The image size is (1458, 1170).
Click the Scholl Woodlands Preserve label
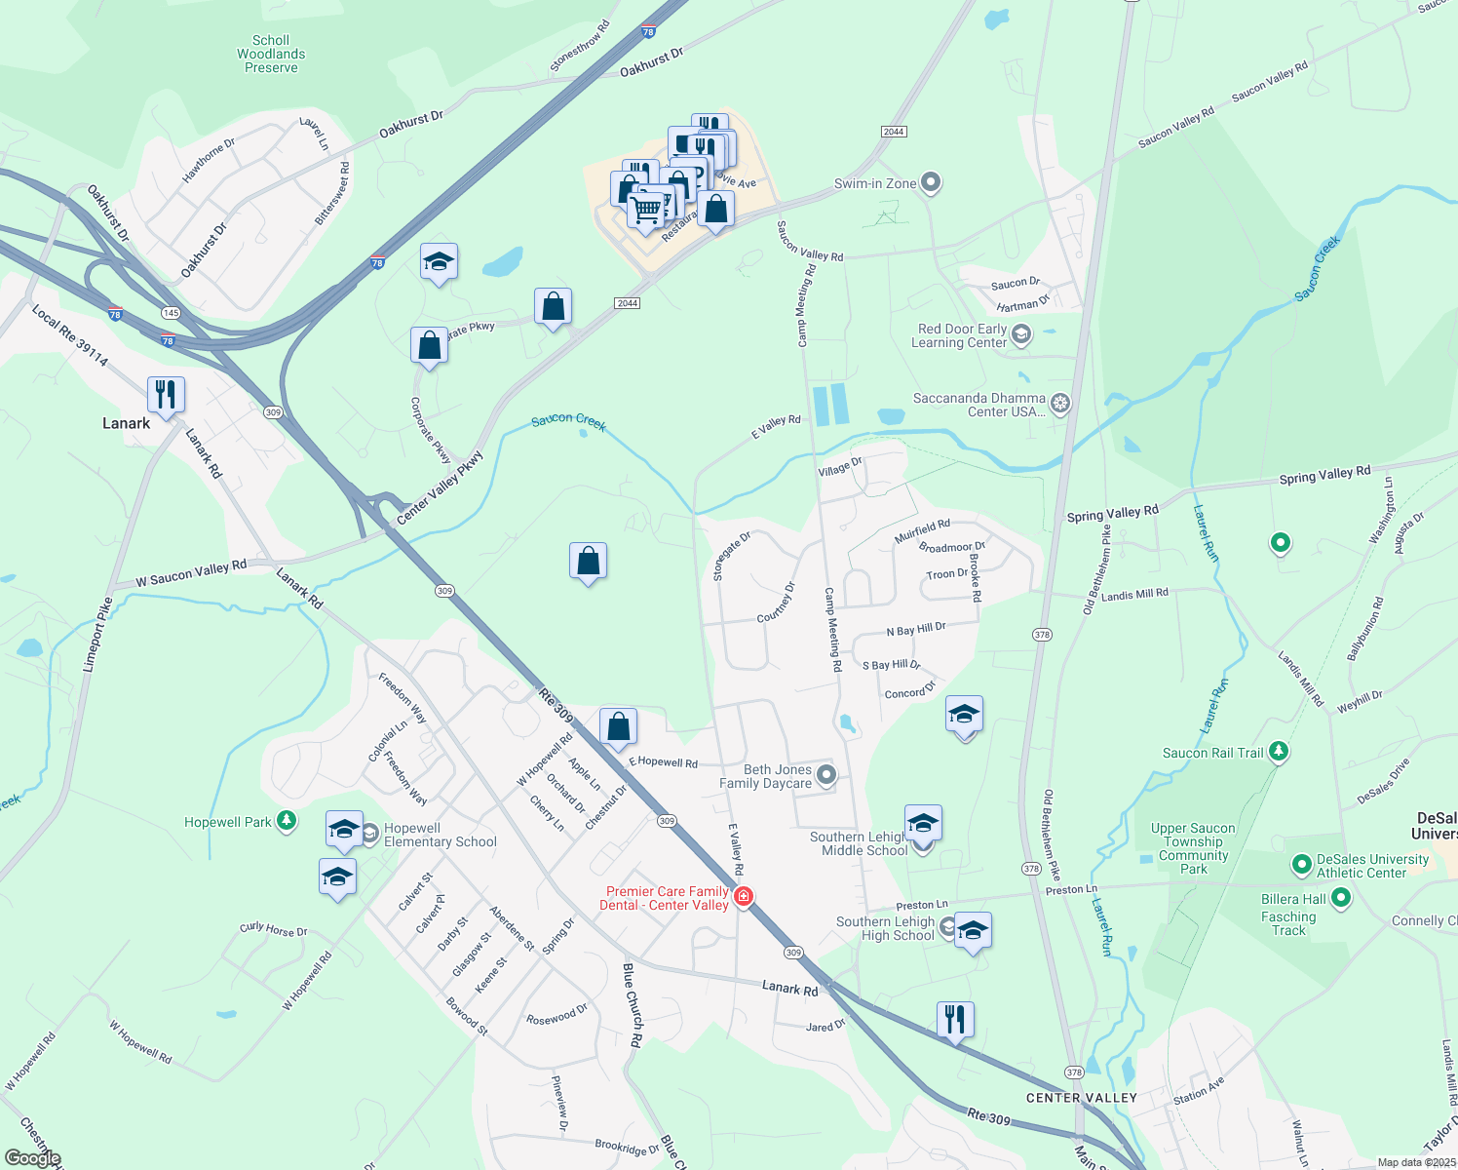click(x=271, y=55)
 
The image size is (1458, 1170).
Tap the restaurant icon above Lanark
click(x=166, y=394)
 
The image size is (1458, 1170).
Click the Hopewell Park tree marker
click(x=286, y=821)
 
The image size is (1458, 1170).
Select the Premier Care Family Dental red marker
click(x=744, y=897)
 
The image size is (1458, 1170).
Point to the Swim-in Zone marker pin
click(x=931, y=182)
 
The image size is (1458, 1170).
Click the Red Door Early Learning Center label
click(x=959, y=335)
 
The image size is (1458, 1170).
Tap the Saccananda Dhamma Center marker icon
click(x=1060, y=403)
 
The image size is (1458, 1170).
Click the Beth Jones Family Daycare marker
click(x=826, y=775)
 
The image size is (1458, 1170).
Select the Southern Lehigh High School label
click(x=885, y=928)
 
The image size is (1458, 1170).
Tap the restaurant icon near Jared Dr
click(x=955, y=1020)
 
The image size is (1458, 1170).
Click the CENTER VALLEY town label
click(x=1082, y=1098)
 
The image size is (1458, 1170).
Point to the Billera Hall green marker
click(x=1340, y=898)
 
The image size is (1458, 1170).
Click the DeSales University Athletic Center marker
click(x=1301, y=865)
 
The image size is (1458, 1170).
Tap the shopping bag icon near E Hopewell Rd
click(x=618, y=726)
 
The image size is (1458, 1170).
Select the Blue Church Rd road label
click(x=632, y=1004)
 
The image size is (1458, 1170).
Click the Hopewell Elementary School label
click(x=440, y=835)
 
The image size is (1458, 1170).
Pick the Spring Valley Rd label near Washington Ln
click(x=1324, y=475)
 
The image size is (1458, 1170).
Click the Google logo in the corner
click(x=32, y=1158)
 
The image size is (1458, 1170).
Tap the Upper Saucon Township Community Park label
click(x=1193, y=848)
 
